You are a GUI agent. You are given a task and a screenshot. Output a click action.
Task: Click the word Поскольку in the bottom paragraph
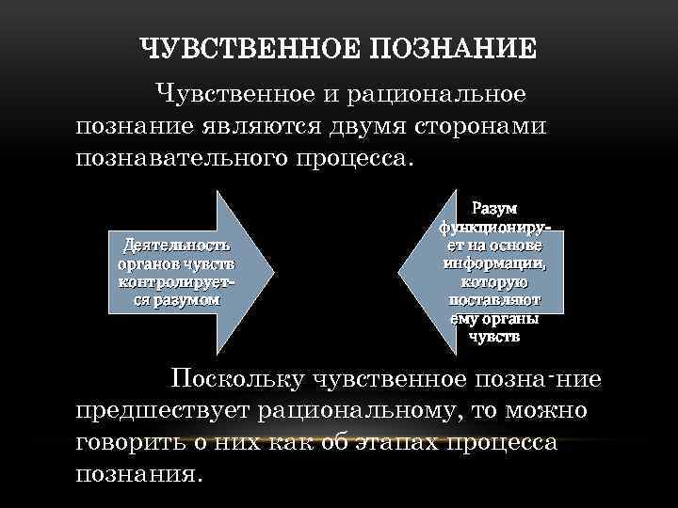point(238,379)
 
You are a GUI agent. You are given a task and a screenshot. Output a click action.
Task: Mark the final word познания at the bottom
point(137,472)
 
